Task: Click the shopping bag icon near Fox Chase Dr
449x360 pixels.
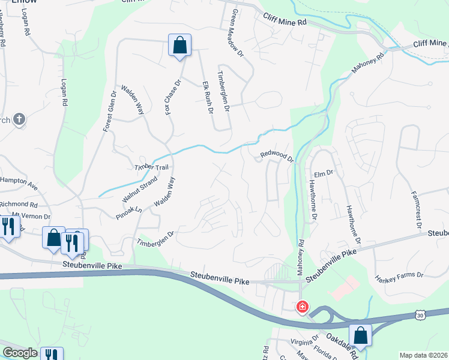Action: [x=179, y=45]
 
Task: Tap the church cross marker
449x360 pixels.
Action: [x=19, y=119]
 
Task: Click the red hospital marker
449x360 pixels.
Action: [x=302, y=307]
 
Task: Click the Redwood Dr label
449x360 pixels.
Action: [x=276, y=156]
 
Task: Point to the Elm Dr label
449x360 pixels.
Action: [x=323, y=173]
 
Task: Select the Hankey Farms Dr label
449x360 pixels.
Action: [x=399, y=277]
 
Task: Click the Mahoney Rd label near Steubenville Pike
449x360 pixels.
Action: [x=301, y=257]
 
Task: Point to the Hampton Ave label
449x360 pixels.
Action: [x=19, y=183]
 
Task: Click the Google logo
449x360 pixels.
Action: [x=20, y=353]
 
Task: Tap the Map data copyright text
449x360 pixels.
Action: [x=423, y=355]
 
